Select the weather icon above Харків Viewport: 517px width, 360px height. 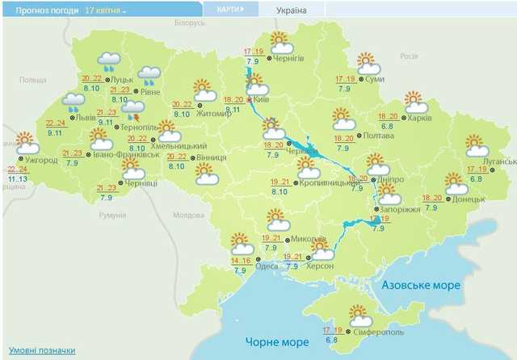[x=415, y=103]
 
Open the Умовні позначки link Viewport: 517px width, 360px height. [x=42, y=350]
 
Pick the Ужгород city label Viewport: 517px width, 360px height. [x=41, y=159]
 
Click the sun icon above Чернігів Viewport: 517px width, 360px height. [x=280, y=41]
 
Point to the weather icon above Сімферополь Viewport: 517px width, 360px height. [x=358, y=314]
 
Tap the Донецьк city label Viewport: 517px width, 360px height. [x=468, y=198]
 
